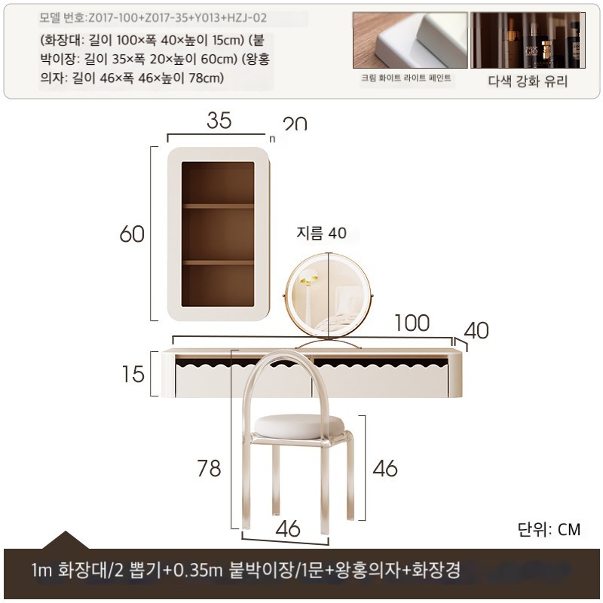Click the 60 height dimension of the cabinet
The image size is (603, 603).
pos(132,234)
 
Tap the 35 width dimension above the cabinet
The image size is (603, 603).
pos(219,121)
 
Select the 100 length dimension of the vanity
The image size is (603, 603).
pos(412,323)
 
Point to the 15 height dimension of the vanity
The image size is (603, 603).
pos(133,374)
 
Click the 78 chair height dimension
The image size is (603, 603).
pos(210,468)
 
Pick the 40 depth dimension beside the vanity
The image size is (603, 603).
pos(476,330)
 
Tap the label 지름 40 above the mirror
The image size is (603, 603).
pos(322,233)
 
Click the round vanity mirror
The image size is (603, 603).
pos(328,295)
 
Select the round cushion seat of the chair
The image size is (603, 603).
pos(298,427)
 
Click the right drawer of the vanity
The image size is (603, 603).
pos(381,378)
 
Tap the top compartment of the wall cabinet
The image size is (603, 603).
pos(218,183)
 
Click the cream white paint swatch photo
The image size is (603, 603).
pos(410,40)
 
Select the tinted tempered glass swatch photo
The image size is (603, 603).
pos(528,40)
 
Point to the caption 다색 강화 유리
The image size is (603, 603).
pos(528,81)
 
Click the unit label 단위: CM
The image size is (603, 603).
pos(549,529)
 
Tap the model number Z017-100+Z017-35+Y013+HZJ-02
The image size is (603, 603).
pos(177,17)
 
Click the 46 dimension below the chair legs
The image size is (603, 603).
pos(288,528)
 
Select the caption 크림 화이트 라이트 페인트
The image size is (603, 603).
pos(406,78)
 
